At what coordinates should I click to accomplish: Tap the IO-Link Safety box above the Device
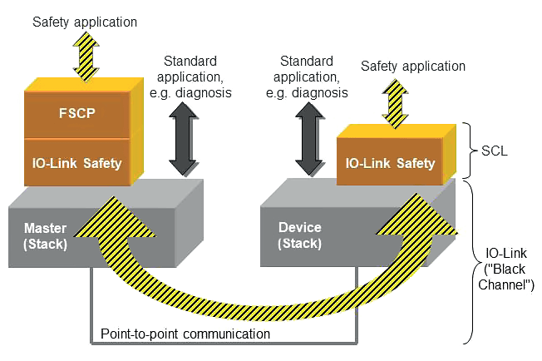point(390,163)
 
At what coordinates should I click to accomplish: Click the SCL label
point(495,153)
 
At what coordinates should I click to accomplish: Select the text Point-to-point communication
point(185,334)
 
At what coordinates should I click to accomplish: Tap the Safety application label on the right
point(413,67)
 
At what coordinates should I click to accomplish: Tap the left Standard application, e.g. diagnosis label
point(191,76)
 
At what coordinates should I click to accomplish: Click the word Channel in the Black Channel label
point(509,284)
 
